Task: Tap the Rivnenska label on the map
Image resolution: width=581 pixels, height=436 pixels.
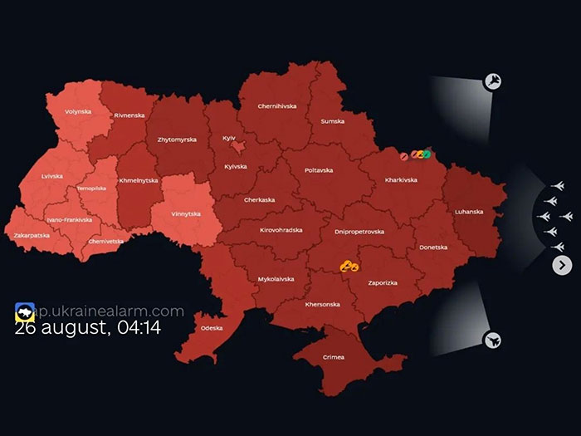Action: click(x=129, y=115)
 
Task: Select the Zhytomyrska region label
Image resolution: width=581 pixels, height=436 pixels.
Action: click(x=177, y=140)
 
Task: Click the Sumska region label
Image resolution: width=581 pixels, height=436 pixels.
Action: click(x=333, y=121)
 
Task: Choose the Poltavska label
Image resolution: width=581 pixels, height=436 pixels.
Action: click(x=319, y=170)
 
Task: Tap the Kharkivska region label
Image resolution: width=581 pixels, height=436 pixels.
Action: click(x=402, y=179)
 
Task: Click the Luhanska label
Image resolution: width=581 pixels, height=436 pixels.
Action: click(x=469, y=211)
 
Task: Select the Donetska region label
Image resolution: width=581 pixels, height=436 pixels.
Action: click(x=433, y=247)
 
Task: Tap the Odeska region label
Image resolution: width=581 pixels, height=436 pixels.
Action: click(x=212, y=328)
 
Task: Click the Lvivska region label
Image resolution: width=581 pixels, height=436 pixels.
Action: click(x=51, y=176)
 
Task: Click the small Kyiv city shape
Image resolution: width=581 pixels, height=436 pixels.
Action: click(x=238, y=147)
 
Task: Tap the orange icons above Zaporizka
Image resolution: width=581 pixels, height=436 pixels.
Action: click(x=349, y=266)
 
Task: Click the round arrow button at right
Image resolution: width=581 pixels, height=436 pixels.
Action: click(x=562, y=265)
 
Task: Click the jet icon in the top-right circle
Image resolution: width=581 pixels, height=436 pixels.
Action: click(x=492, y=81)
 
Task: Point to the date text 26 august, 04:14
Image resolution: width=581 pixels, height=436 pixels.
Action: click(x=87, y=327)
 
